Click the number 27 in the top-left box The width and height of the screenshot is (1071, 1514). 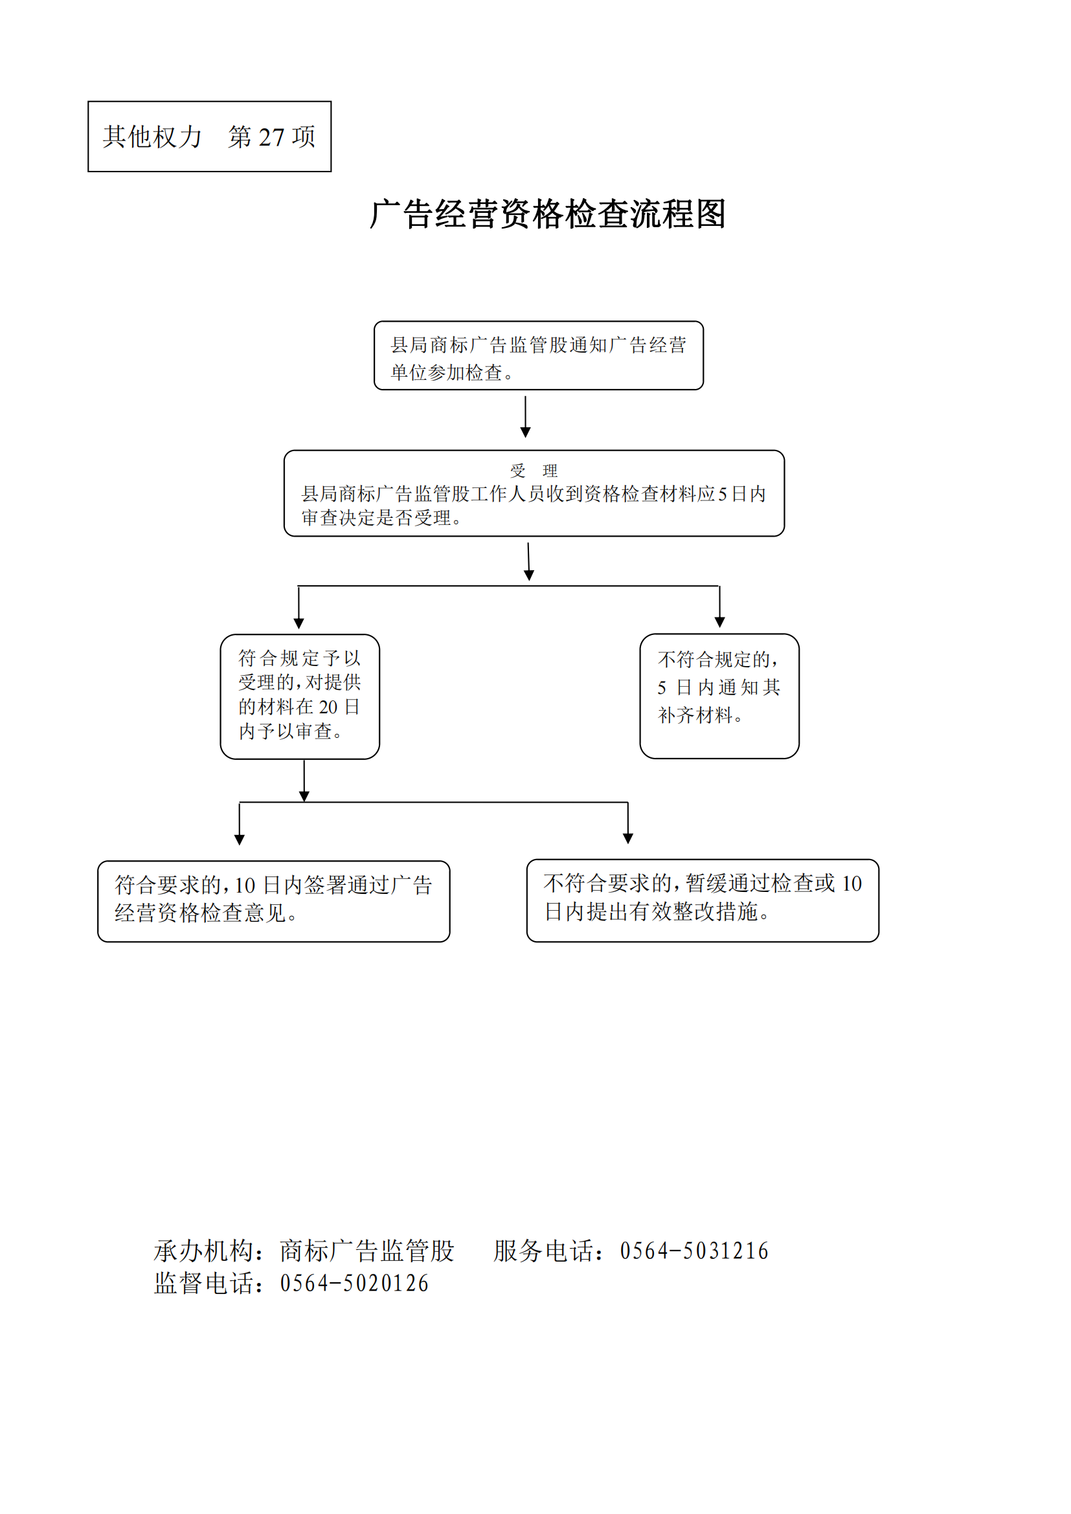[271, 137]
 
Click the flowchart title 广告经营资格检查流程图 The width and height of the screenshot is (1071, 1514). [547, 214]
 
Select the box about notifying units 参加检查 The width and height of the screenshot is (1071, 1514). [538, 356]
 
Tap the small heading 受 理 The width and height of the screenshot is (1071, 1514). [534, 471]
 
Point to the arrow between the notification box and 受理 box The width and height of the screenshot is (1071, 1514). [526, 417]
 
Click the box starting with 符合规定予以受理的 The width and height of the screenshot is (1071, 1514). [300, 696]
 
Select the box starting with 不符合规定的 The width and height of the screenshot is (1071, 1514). [719, 696]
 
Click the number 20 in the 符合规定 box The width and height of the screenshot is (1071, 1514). [328, 707]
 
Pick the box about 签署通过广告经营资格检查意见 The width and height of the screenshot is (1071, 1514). [274, 901]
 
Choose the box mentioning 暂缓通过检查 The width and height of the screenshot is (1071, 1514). [703, 900]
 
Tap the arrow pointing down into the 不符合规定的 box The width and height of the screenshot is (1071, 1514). [719, 607]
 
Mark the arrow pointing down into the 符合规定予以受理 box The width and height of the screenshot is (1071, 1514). [299, 607]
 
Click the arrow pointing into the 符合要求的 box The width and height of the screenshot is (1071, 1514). [240, 823]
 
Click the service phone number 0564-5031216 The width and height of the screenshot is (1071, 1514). [693, 1251]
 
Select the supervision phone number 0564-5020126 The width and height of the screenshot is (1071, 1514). [354, 1283]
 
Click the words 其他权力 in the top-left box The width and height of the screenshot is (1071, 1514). [152, 137]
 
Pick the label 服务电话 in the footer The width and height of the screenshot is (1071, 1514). [543, 1251]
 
